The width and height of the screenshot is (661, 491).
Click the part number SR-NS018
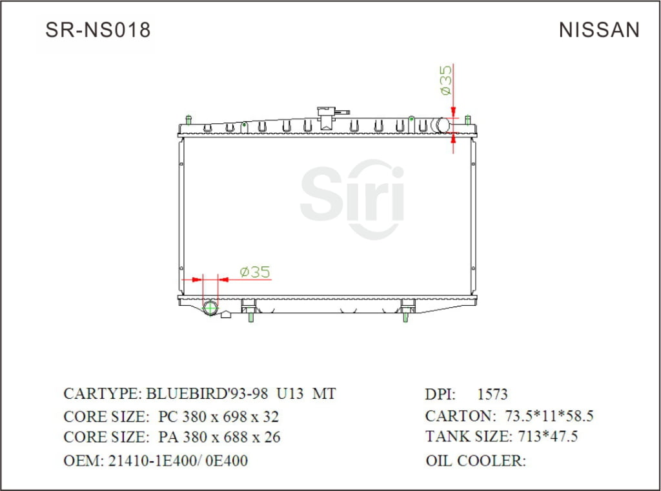[x=98, y=30]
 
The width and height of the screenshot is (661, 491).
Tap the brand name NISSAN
[x=599, y=30]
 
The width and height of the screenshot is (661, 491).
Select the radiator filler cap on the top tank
[x=325, y=115]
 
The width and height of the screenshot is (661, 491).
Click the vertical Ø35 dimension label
[x=445, y=81]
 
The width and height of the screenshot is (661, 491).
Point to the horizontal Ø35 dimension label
[x=254, y=272]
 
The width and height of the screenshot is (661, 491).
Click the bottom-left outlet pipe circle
[x=210, y=308]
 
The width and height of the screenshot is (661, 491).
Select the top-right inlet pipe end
[x=443, y=125]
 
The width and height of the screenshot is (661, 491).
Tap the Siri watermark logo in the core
[x=352, y=197]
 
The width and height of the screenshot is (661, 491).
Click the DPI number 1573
[x=492, y=394]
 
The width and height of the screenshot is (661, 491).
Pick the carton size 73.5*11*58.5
[x=546, y=416]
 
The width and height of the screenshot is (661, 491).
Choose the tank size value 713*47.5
[x=547, y=437]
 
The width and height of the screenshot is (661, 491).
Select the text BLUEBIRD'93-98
[x=201, y=394]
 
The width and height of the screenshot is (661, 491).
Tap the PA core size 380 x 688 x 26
[x=219, y=437]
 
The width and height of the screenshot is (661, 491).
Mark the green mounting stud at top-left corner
[x=188, y=120]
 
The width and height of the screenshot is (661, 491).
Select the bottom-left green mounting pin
[x=250, y=316]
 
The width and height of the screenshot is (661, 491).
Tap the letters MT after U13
[x=324, y=394]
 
